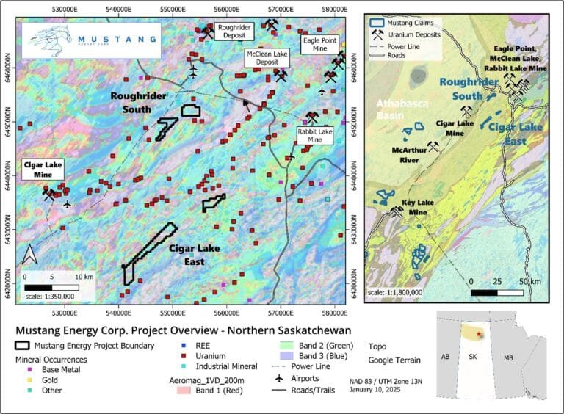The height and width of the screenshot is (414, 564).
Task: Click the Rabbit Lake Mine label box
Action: coord(314,136)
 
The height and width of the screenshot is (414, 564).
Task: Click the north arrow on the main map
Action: coord(29,255)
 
